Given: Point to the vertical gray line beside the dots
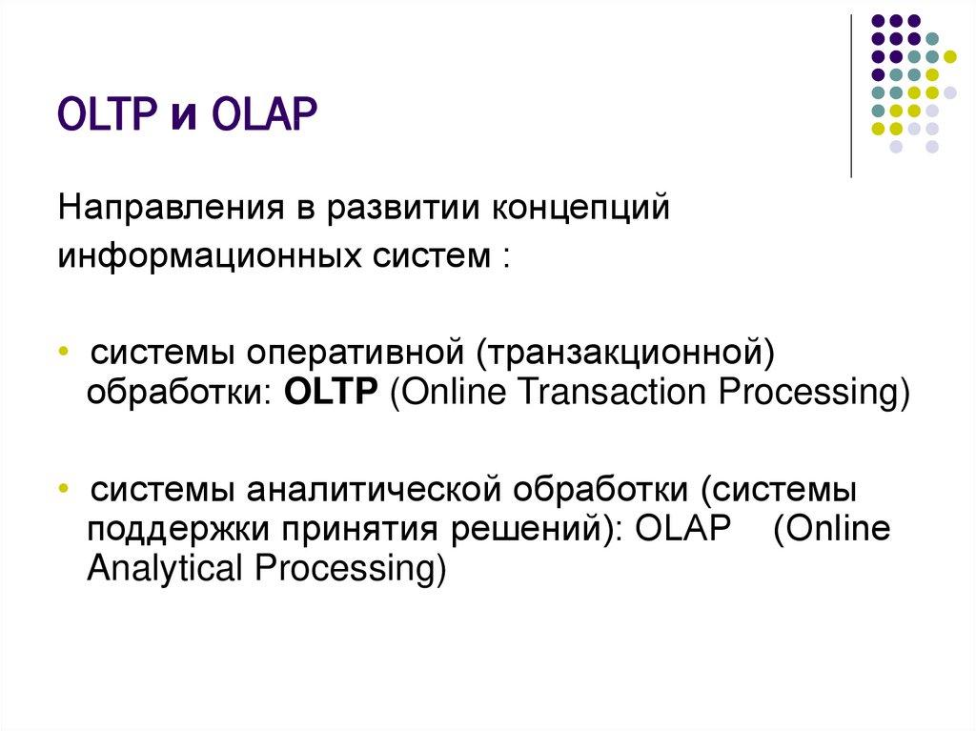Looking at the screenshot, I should [851, 95].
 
